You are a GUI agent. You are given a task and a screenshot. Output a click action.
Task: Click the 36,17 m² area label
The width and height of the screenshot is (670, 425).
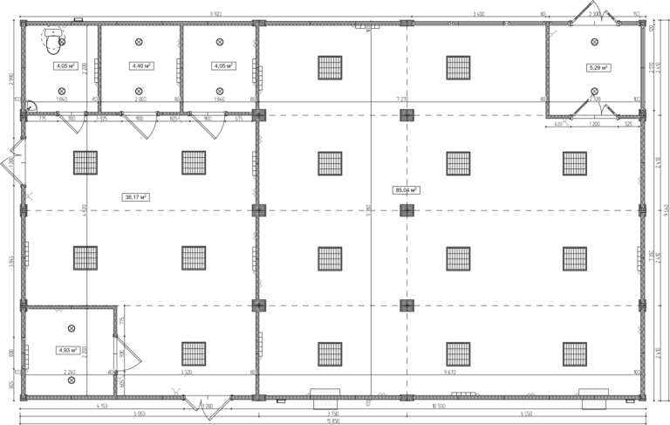point(136,197)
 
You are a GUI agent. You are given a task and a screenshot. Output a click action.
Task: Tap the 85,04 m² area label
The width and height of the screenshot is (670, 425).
point(407,189)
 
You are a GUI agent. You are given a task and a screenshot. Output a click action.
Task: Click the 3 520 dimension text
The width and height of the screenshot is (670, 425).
point(186,373)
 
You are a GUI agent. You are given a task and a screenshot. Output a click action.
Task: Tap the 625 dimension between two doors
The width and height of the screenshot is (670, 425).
point(174,119)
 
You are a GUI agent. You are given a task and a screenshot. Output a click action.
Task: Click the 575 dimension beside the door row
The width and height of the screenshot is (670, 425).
point(238,119)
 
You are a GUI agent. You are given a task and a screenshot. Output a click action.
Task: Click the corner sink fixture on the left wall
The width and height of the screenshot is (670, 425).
point(31,107)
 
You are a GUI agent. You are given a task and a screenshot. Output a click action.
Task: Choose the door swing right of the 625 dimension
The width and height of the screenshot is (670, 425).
point(208,129)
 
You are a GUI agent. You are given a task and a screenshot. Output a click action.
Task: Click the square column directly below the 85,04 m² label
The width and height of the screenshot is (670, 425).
point(407,209)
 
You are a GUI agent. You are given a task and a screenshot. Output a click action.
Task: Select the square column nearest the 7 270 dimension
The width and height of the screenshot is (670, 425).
point(407,114)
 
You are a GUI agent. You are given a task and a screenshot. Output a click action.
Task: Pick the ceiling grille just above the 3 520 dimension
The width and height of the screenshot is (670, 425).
point(194,353)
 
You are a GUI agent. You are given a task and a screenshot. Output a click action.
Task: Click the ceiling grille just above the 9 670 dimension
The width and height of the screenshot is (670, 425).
point(458,353)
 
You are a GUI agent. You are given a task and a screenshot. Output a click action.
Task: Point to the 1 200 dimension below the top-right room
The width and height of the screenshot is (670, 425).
point(594,124)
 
